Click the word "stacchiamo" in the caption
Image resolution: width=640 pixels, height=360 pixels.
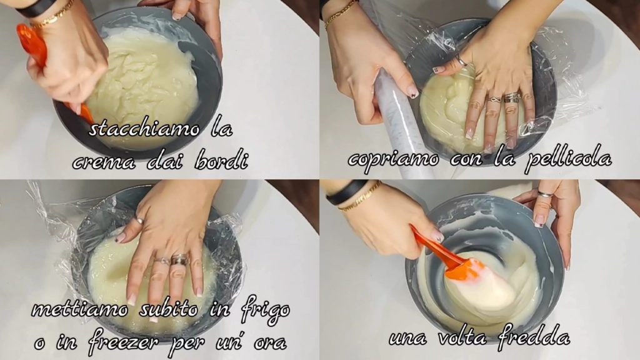(x=144, y=129)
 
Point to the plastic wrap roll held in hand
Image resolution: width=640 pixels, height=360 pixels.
(x=396, y=122)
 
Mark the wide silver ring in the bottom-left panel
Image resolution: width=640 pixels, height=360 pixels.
(x=179, y=259)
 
